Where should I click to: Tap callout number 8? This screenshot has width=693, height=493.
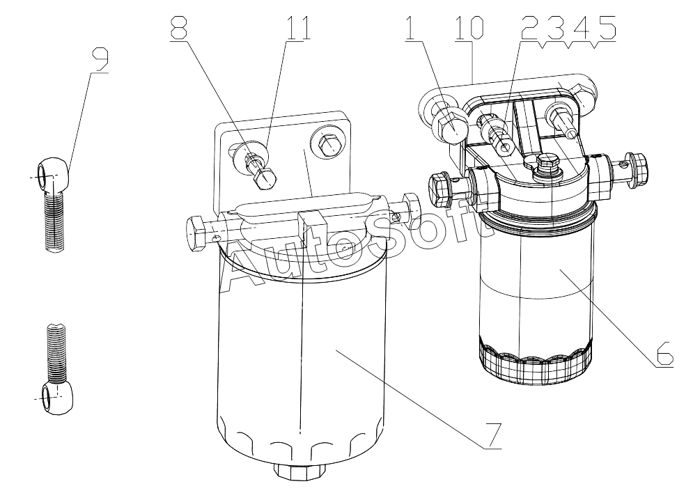[x=178, y=27]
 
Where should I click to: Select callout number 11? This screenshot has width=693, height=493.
[x=297, y=27]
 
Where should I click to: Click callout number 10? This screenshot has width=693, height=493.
[x=469, y=27]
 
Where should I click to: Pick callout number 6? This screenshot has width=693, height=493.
[x=665, y=354]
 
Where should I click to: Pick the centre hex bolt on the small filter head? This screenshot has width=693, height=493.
[x=547, y=166]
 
